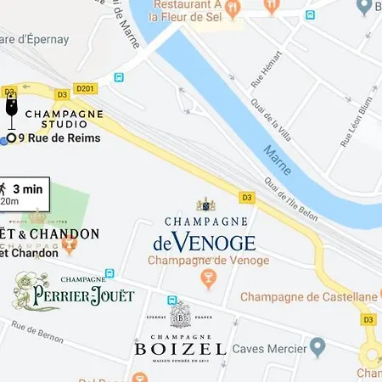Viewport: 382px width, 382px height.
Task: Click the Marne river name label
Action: (278, 159)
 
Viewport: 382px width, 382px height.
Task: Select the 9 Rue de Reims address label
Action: (59, 138)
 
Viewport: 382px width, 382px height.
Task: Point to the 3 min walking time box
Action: (25, 193)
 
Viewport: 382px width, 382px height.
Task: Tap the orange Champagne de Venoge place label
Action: (202, 260)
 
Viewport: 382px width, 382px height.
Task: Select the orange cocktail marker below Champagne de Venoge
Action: (207, 278)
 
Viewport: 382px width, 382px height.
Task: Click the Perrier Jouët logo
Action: (74, 294)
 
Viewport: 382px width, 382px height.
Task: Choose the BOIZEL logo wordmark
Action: (180, 349)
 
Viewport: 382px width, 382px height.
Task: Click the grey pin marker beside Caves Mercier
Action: (317, 346)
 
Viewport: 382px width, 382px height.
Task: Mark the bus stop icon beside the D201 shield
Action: (120, 78)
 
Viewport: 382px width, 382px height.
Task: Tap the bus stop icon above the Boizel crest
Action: (173, 301)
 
